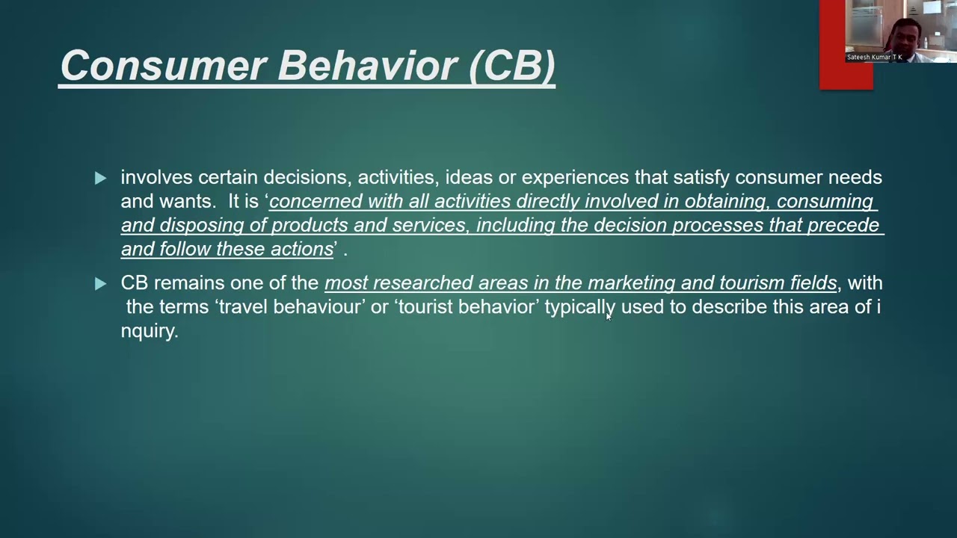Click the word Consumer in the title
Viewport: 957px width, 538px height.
[x=162, y=66]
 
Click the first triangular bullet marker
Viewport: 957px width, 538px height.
[x=100, y=178]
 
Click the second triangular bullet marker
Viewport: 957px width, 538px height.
[x=100, y=283]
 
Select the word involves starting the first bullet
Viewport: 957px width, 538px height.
[x=156, y=178]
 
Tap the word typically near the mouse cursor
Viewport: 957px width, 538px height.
[x=579, y=307]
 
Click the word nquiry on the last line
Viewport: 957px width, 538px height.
[x=149, y=331]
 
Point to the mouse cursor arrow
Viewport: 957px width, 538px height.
[x=608, y=316]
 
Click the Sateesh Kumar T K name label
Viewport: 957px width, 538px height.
[x=874, y=58]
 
